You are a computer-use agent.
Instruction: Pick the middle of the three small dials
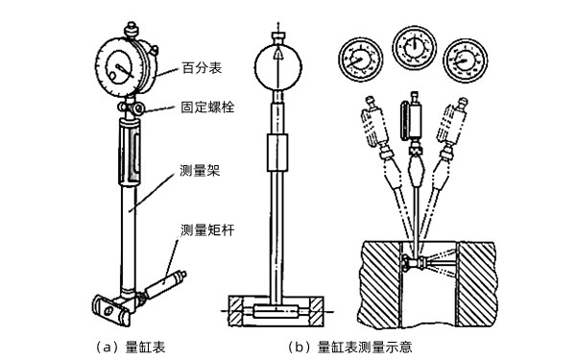pyautogui.click(x=413, y=44)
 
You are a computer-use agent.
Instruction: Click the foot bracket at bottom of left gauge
pyautogui.click(x=109, y=306)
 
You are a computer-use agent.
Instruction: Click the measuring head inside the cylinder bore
pyautogui.click(x=421, y=260)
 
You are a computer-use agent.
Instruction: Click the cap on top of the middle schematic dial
pyautogui.click(x=279, y=36)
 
